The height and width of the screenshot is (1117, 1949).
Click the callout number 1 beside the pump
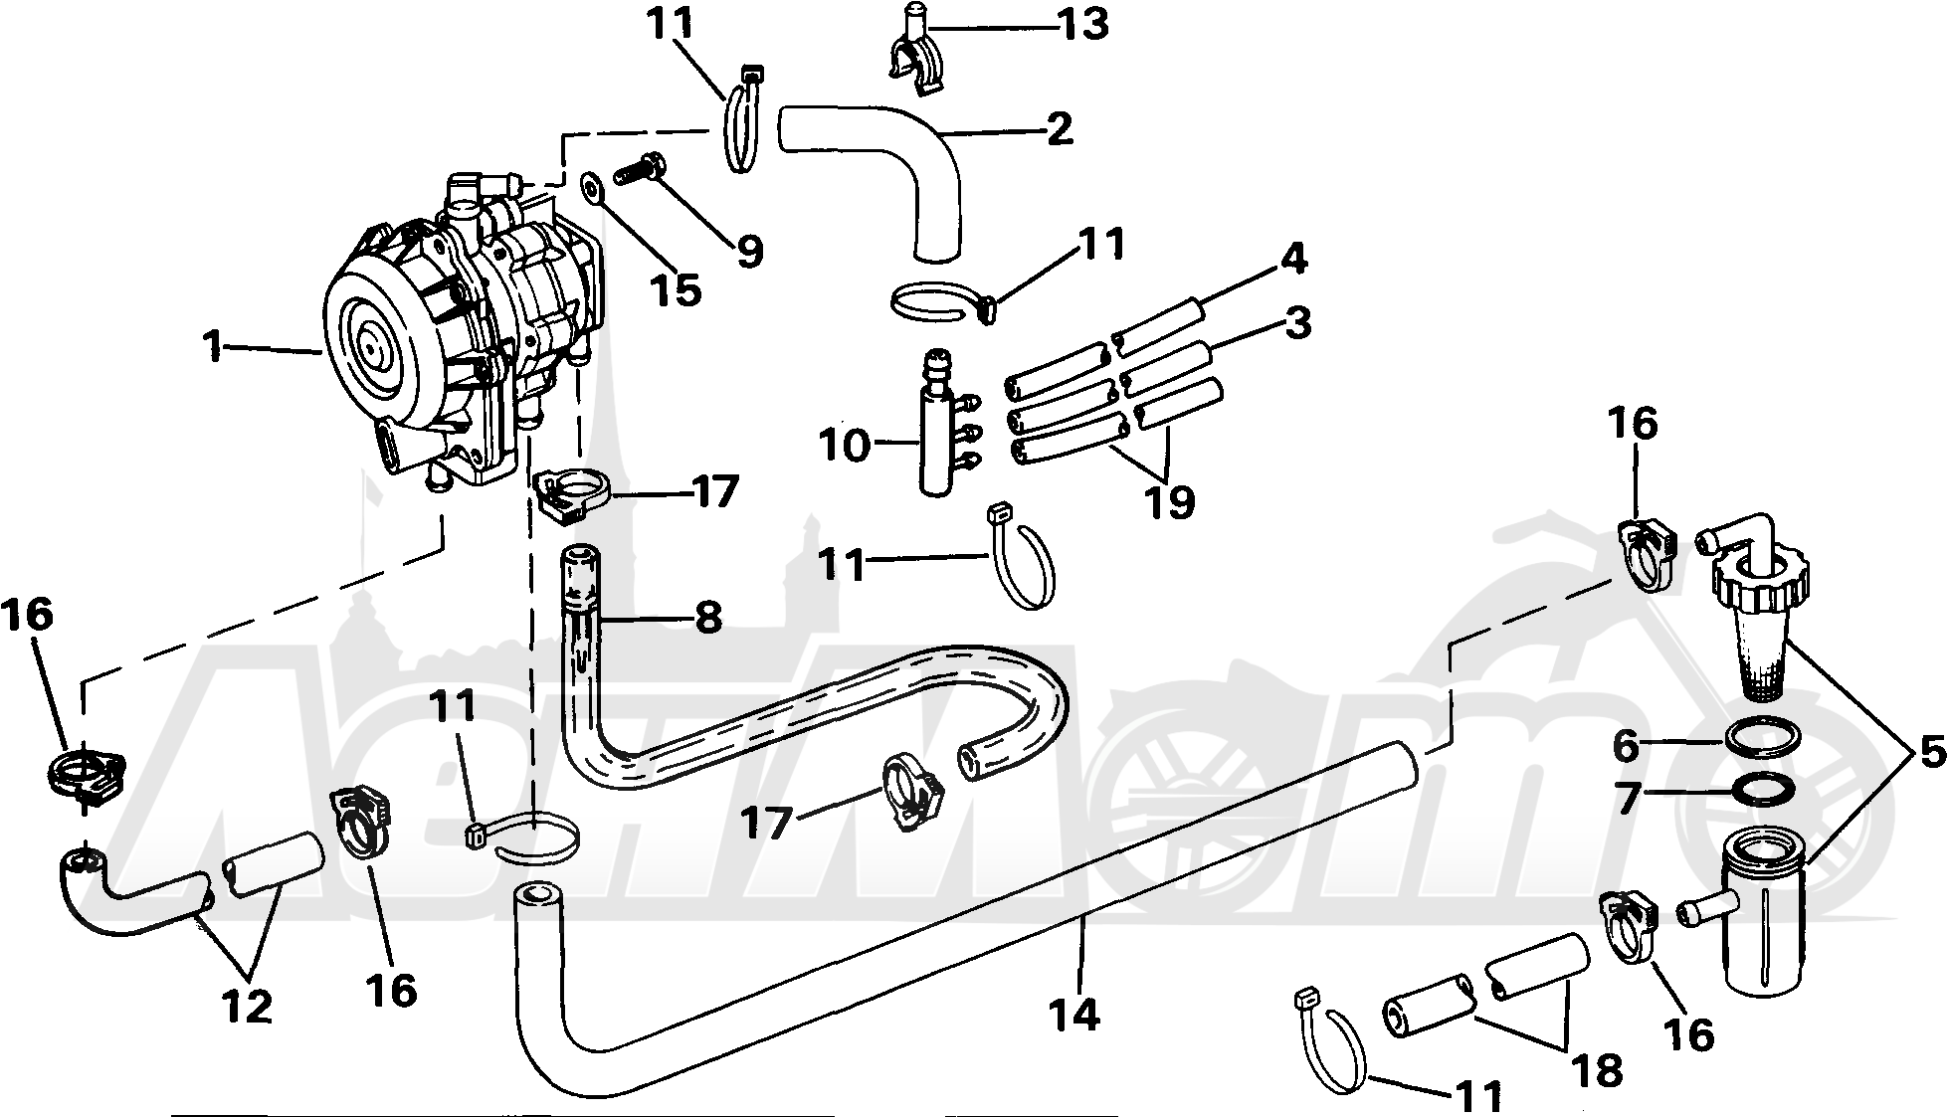point(212,347)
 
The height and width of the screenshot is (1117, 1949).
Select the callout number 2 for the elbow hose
point(1060,128)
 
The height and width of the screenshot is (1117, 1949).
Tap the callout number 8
point(708,618)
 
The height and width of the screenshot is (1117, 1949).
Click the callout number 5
point(1930,754)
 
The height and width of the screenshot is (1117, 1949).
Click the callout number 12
point(247,1008)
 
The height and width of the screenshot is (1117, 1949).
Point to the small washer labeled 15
point(594,186)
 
